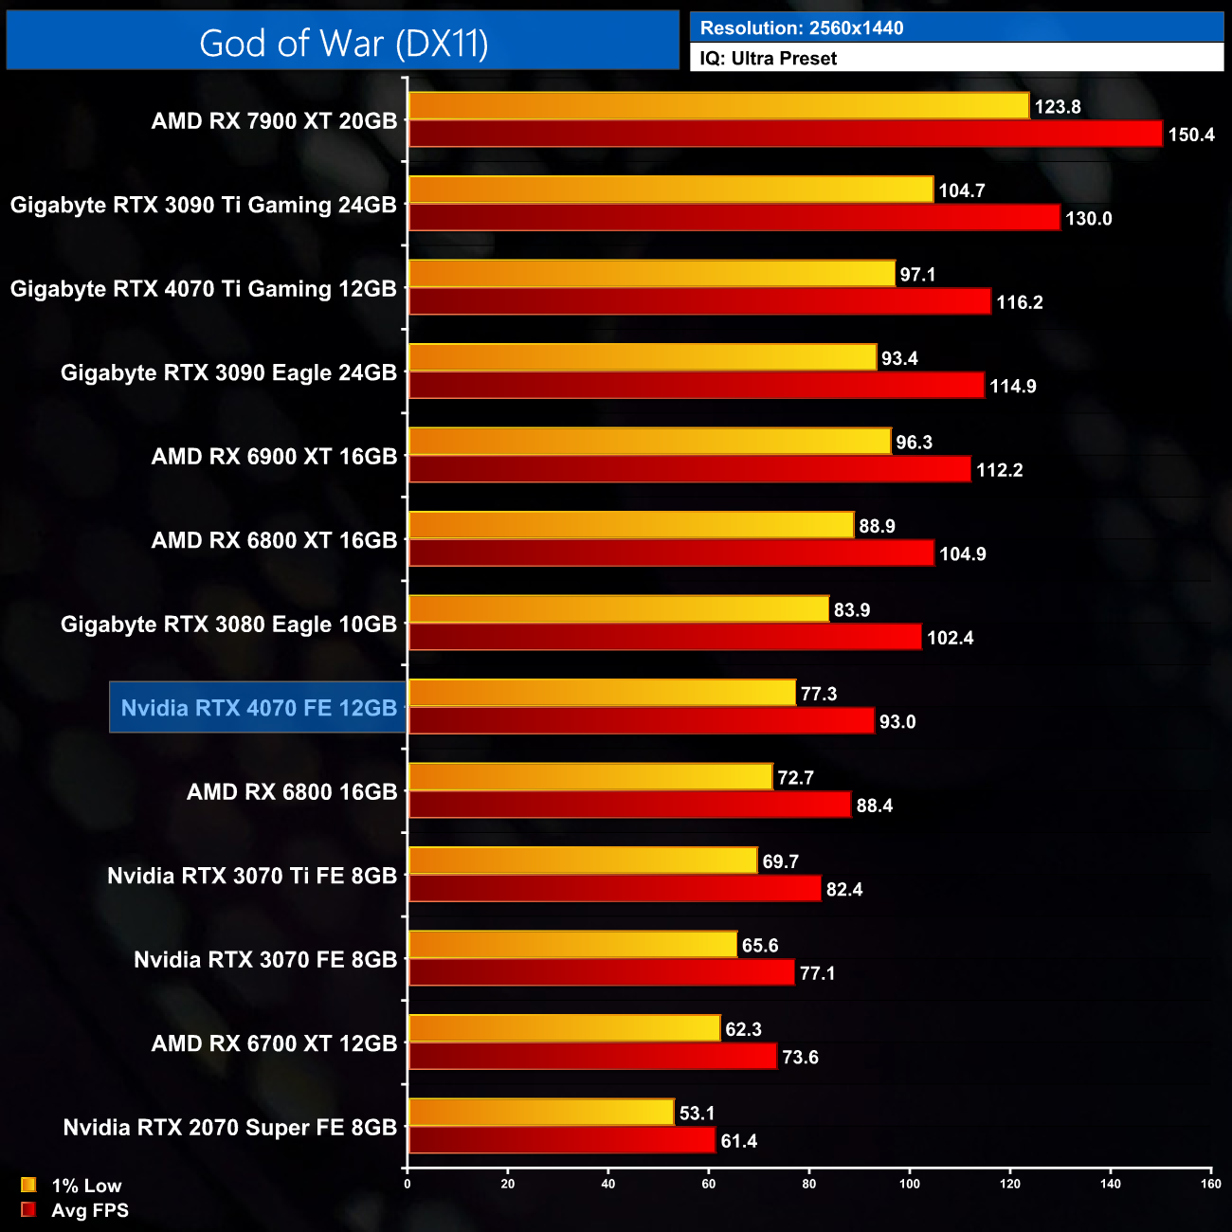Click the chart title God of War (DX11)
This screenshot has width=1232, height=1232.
click(343, 44)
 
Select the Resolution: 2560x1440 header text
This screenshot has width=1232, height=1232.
click(801, 28)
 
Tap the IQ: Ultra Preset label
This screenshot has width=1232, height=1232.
click(768, 59)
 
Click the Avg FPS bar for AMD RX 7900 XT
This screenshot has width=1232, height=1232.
click(785, 134)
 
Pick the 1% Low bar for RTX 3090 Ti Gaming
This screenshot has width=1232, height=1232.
click(670, 190)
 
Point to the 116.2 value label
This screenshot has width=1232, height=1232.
click(1019, 302)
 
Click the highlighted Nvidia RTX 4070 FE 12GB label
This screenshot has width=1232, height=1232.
click(259, 708)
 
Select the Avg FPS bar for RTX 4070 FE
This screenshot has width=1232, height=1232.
click(641, 721)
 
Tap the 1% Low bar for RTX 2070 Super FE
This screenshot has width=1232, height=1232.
click(541, 1113)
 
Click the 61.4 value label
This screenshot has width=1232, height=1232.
click(738, 1141)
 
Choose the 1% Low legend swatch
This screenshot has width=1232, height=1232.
click(28, 1185)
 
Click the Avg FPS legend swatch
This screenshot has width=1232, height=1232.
click(28, 1209)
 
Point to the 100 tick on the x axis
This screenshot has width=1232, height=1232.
click(910, 1184)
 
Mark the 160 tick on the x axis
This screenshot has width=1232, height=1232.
click(1210, 1184)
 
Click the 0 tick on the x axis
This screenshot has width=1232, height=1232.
click(408, 1184)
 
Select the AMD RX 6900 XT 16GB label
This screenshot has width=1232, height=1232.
click(274, 457)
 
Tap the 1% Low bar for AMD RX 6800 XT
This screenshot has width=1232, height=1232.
click(631, 525)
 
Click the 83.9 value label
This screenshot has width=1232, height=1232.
click(851, 610)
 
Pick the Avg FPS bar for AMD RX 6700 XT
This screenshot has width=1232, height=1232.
click(592, 1057)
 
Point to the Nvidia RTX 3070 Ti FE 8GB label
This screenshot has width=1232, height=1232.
click(251, 876)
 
